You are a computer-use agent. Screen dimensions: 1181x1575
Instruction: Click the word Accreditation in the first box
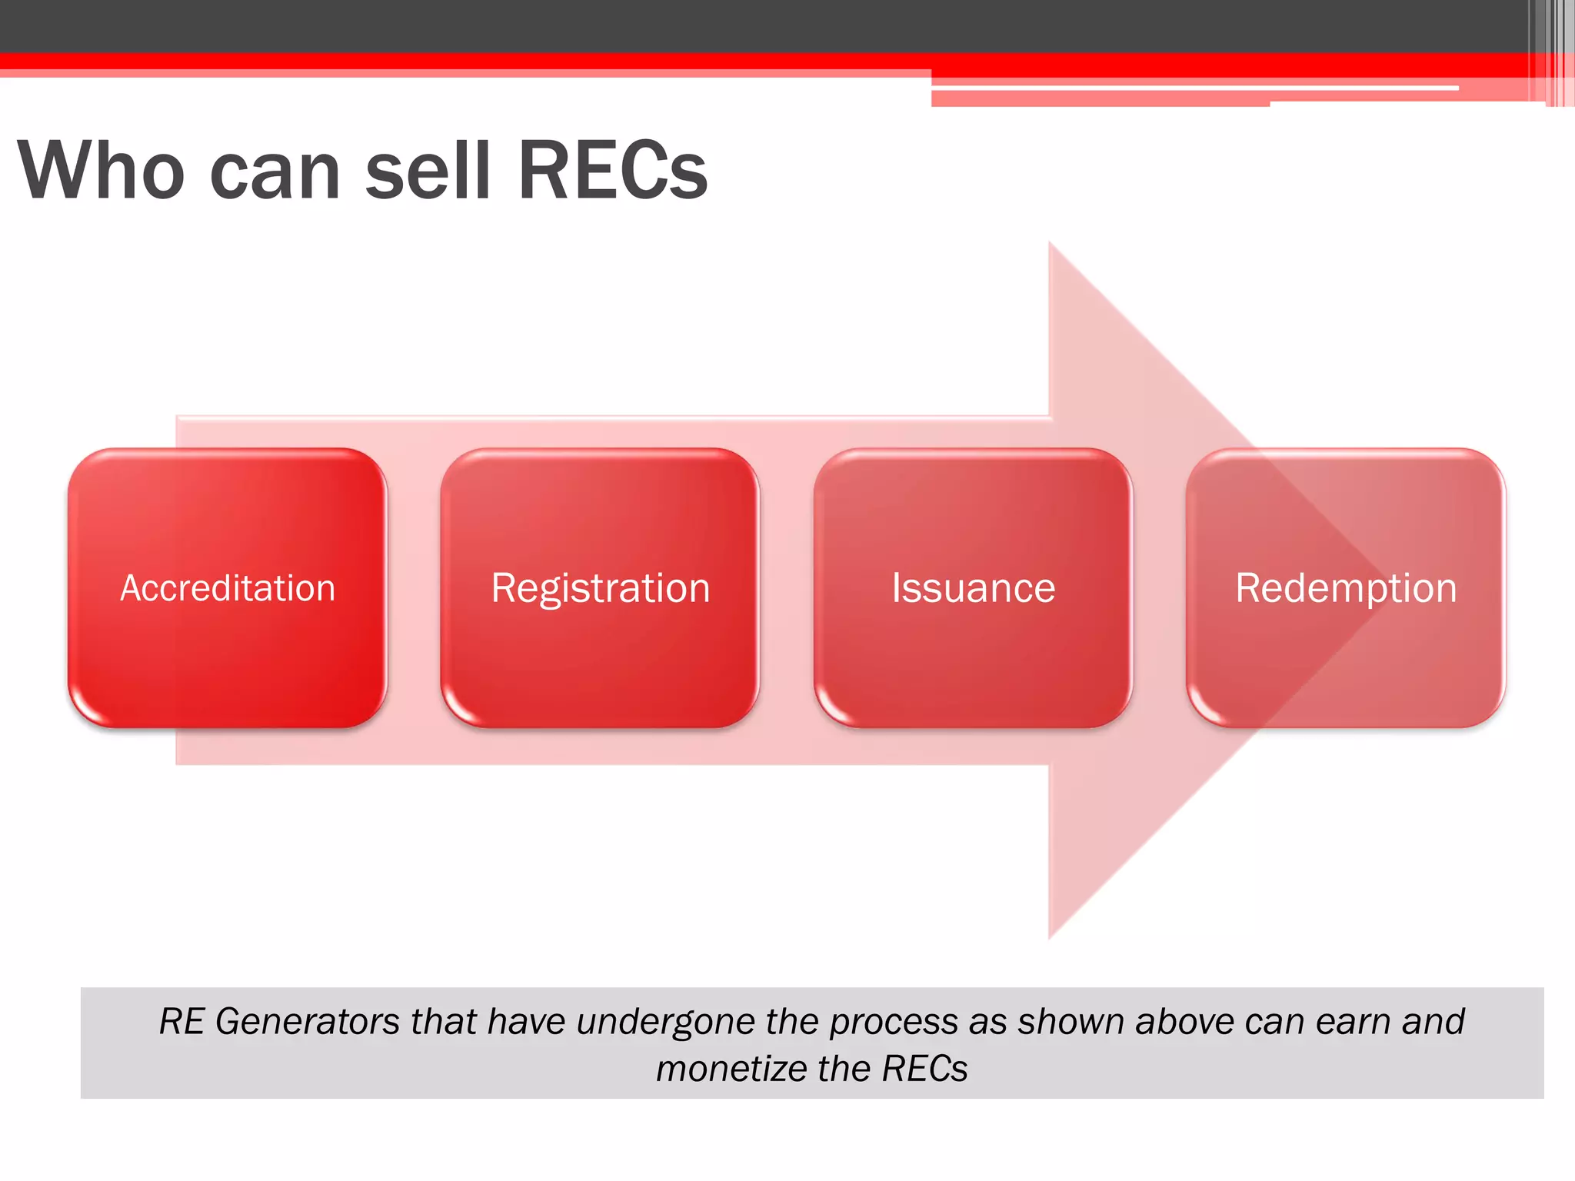tap(228, 588)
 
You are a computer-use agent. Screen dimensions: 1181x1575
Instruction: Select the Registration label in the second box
tap(600, 588)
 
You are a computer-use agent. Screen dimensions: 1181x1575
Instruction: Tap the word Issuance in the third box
tap(973, 588)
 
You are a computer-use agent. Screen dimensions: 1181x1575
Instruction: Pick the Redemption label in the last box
tap(1346, 588)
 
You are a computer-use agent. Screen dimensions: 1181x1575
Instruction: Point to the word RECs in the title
tap(613, 171)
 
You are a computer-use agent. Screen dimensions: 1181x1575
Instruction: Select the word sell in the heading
tap(428, 171)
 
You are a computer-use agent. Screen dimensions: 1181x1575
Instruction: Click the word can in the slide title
tap(275, 171)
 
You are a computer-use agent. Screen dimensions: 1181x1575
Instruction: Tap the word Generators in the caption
tap(308, 1022)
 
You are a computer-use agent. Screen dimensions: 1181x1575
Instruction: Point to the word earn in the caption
tap(1353, 1022)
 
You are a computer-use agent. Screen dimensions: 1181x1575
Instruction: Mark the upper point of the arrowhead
tap(1051, 245)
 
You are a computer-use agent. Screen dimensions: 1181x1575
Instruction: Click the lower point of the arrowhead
tap(1051, 936)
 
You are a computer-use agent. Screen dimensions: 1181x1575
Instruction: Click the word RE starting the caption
tap(181, 1022)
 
